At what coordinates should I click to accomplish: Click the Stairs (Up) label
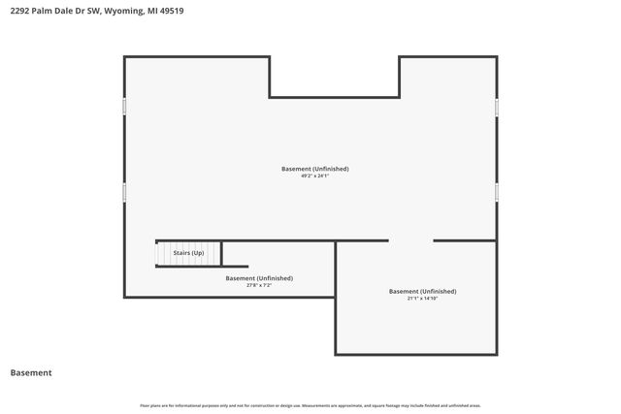[x=188, y=253]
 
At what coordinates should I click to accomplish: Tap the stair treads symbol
[x=164, y=253]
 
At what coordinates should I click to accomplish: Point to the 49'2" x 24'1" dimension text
[x=315, y=176]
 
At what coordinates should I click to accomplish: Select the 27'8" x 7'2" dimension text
[x=259, y=285]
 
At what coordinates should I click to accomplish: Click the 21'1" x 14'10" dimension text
[x=422, y=299]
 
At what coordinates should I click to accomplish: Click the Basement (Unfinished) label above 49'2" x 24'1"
[x=315, y=169]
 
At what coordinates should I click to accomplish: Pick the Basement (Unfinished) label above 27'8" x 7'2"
[x=259, y=278]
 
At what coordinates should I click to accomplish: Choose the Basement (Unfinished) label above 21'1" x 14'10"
[x=422, y=291]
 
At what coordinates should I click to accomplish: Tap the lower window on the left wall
[x=124, y=193]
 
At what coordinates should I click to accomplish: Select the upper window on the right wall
[x=497, y=107]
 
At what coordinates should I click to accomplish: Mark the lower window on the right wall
[x=497, y=192]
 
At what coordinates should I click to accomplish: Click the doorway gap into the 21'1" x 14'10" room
[x=410, y=240]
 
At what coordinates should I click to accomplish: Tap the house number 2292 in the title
[x=18, y=12]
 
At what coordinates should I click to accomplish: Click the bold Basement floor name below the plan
[x=30, y=372]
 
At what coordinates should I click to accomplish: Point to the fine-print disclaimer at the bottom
[x=310, y=405]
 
